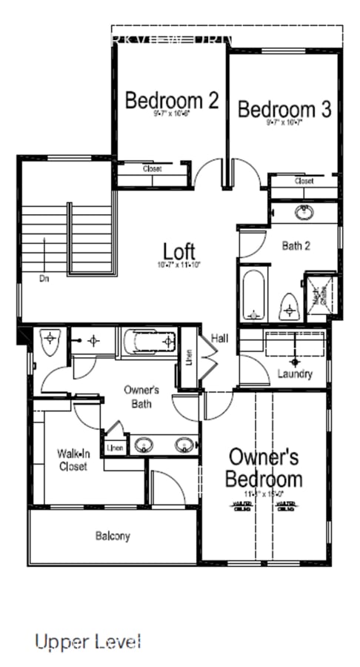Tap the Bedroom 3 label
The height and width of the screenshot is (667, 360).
(x=284, y=110)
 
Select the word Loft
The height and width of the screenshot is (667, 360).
(x=179, y=251)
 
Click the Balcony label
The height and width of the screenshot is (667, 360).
(x=113, y=535)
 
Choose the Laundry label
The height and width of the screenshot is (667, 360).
(x=294, y=374)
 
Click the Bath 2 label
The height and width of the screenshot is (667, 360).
(x=296, y=245)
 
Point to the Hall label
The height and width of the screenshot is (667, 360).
(x=219, y=338)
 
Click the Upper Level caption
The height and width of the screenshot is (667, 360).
(x=87, y=641)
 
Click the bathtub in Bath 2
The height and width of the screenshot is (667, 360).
(x=253, y=294)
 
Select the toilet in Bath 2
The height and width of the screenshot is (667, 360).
(x=288, y=305)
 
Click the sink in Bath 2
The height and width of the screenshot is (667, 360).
(x=304, y=213)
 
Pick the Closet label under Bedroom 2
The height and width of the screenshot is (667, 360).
(x=152, y=169)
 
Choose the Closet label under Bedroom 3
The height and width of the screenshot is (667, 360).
(x=304, y=181)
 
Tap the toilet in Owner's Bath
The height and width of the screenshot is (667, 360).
(x=50, y=341)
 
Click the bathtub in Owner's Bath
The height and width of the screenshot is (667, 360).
(x=150, y=341)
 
